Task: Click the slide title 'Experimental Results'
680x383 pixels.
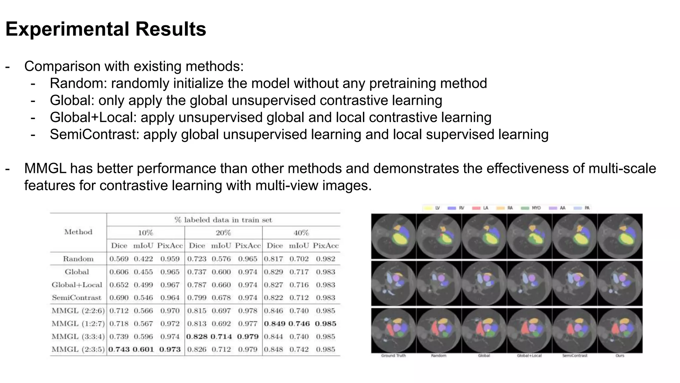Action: point(106,29)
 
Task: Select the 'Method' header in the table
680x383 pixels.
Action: point(78,232)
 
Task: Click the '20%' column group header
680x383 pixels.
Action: point(223,233)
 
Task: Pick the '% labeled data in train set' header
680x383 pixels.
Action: point(223,220)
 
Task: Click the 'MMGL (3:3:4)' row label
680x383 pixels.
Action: point(78,336)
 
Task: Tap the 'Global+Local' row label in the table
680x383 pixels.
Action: point(77,285)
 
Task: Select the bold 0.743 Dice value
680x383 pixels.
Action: point(119,349)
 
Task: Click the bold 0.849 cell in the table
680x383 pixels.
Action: point(275,323)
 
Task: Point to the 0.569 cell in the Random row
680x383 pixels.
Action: point(119,259)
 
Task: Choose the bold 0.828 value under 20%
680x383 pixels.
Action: point(197,336)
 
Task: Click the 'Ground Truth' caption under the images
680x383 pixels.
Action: point(393,356)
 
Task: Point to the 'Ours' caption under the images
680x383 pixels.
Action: point(620,356)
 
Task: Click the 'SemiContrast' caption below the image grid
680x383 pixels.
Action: point(574,356)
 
